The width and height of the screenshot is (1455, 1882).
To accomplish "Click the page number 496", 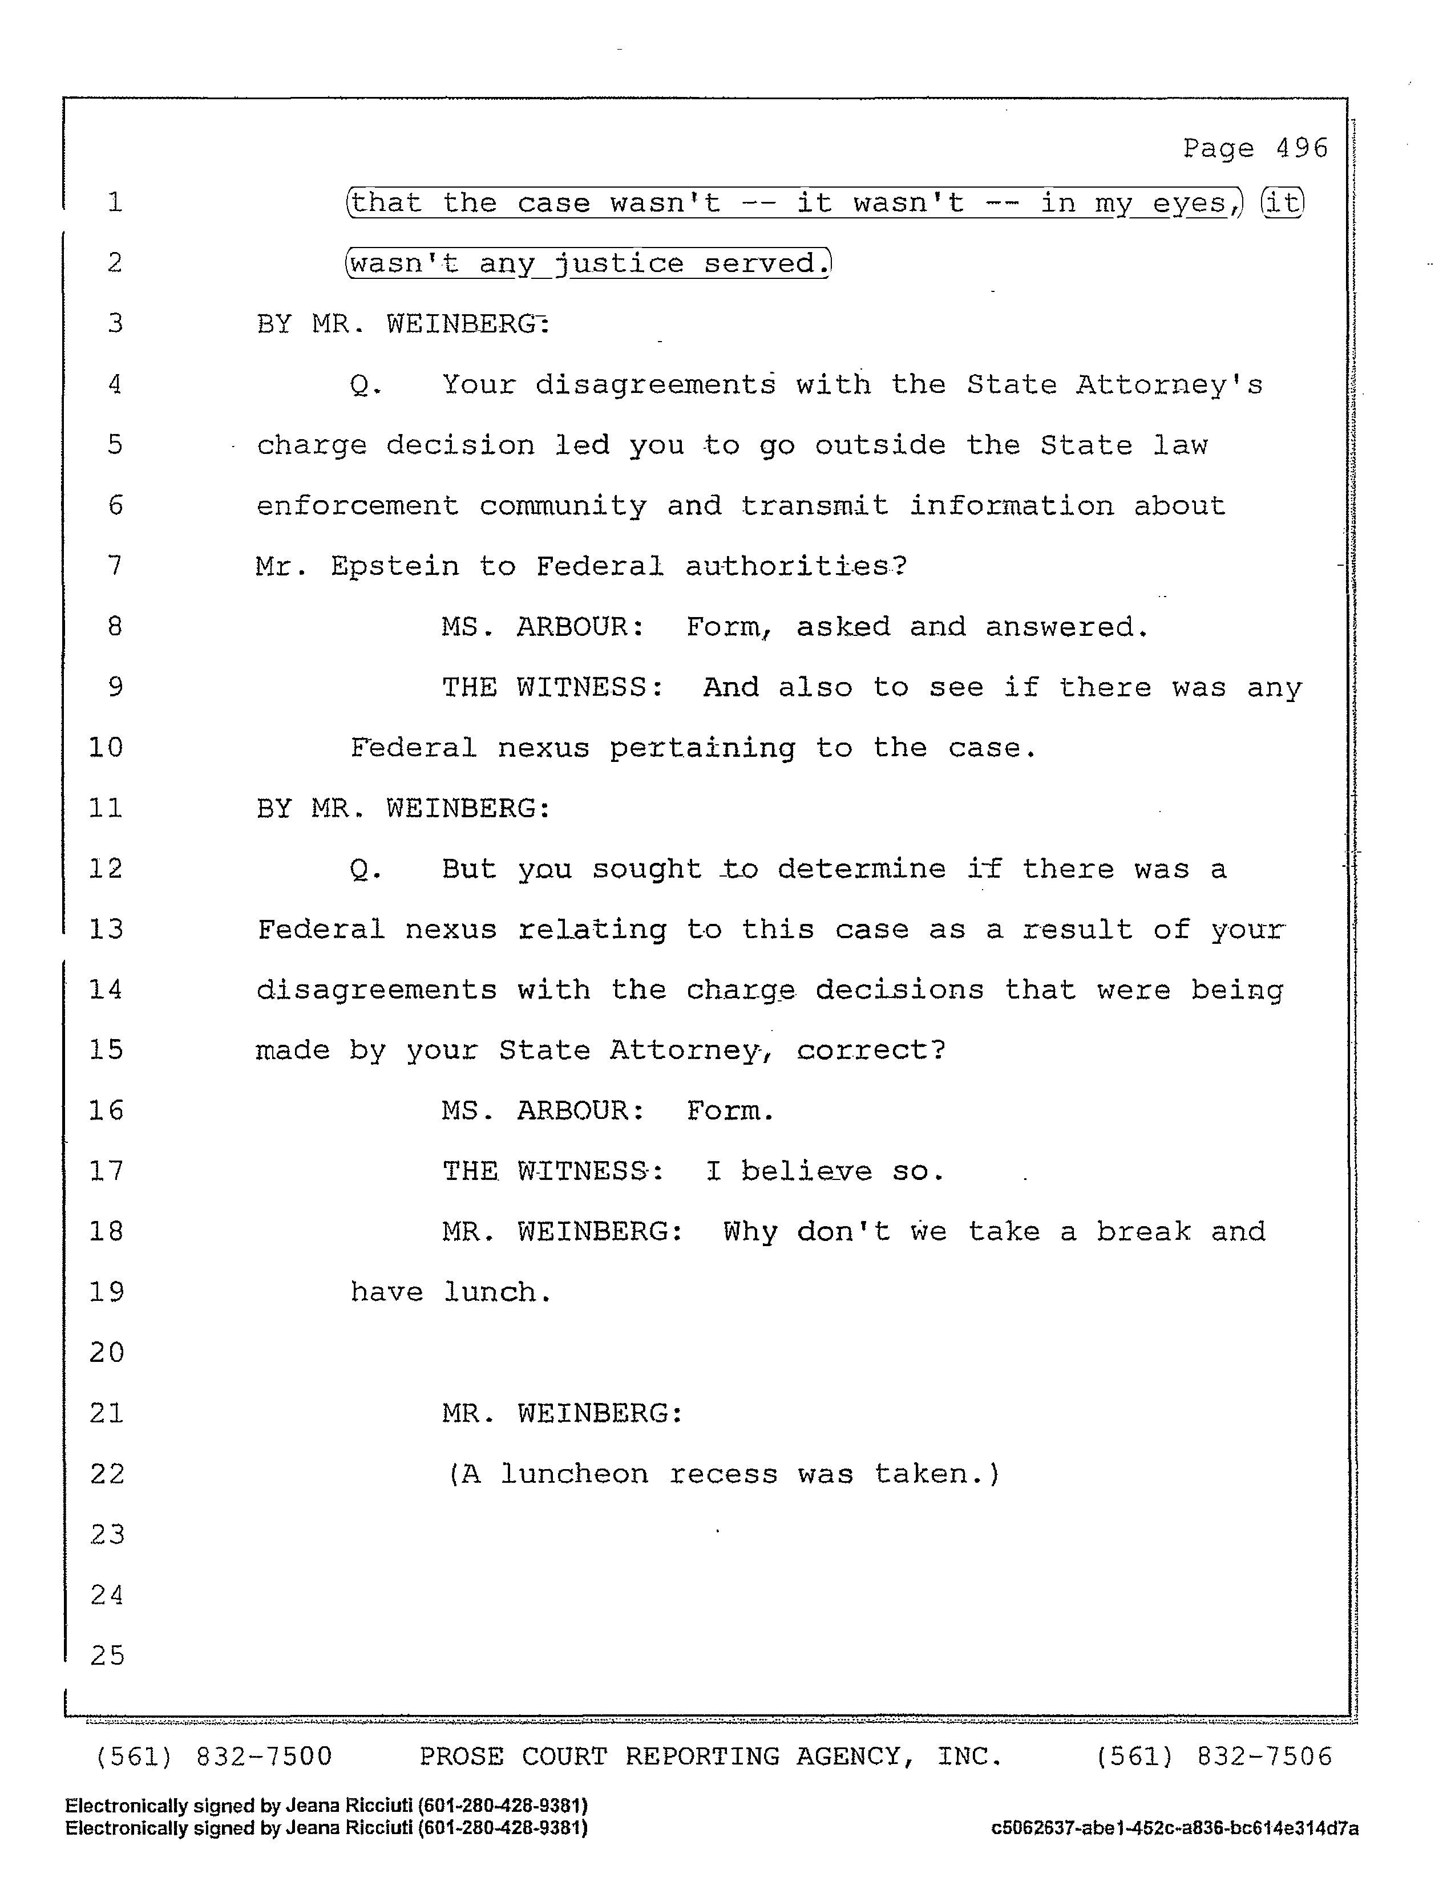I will [1301, 148].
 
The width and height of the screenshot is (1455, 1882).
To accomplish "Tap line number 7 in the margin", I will [115, 566].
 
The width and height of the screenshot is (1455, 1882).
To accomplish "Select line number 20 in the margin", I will [107, 1352].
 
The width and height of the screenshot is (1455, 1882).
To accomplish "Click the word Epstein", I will [395, 567].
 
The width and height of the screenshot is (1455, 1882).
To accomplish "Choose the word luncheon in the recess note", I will [574, 1474].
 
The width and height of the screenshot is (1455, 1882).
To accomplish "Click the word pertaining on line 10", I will [702, 748].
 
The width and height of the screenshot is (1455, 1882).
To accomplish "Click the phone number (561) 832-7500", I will [213, 1756].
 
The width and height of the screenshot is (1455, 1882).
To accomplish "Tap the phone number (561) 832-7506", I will [1214, 1756].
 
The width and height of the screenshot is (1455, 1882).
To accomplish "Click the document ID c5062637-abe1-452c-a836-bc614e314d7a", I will [1174, 1828].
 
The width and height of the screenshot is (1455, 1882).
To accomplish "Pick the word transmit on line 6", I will [814, 506].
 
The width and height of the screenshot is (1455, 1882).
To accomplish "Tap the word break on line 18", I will [1143, 1231].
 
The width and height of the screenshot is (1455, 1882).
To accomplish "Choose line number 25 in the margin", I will [107, 1656].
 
